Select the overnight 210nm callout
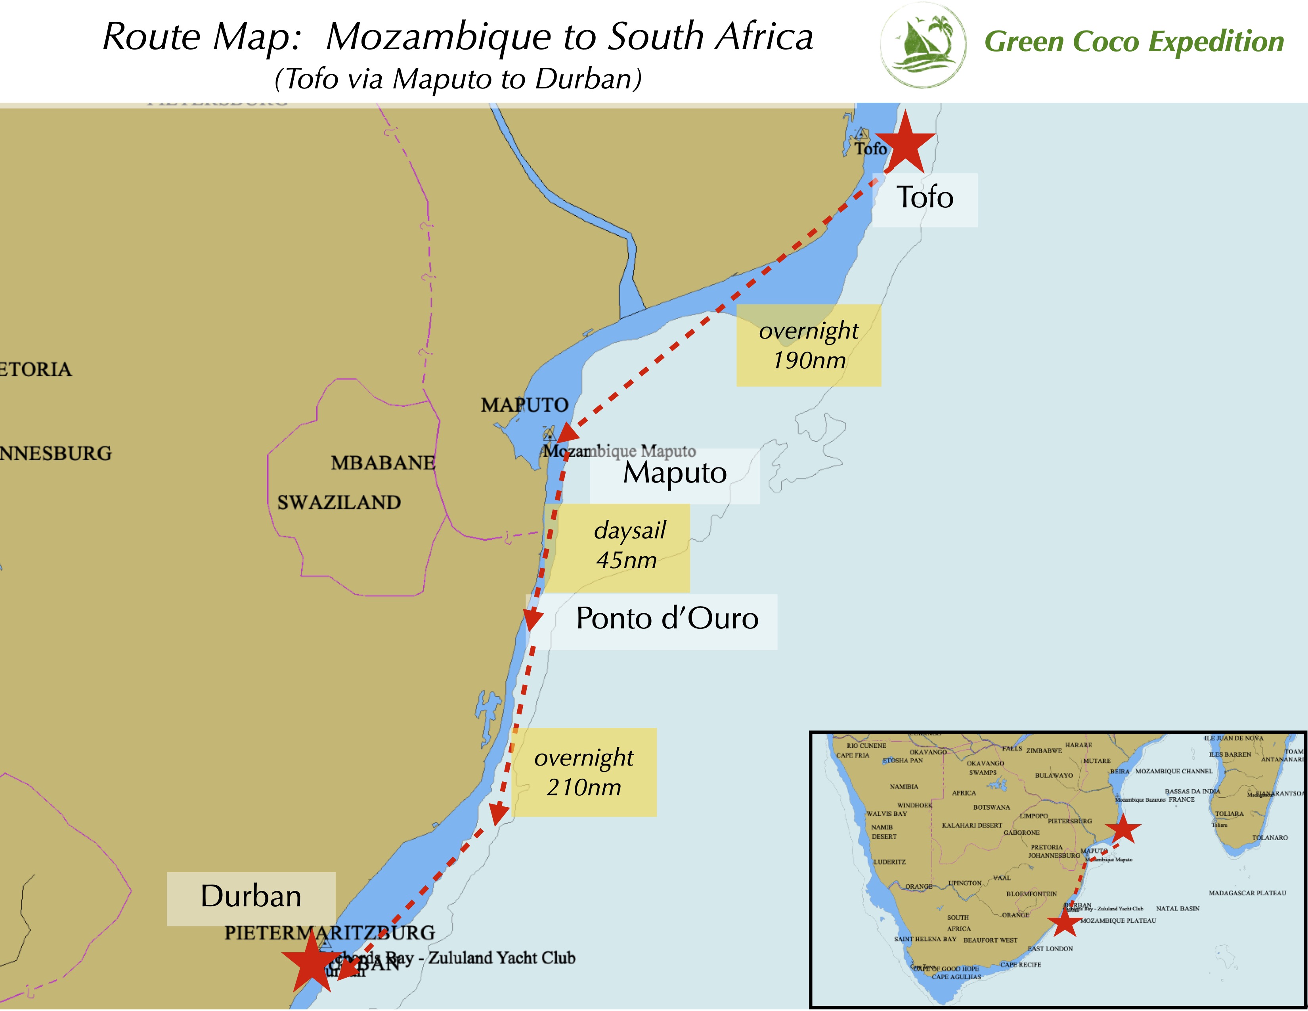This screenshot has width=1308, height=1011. click(584, 773)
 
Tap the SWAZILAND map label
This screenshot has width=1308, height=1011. click(339, 502)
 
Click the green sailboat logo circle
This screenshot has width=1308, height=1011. click(923, 45)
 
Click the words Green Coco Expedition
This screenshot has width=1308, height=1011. click(1134, 42)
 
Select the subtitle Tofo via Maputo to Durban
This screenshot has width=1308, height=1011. click(458, 79)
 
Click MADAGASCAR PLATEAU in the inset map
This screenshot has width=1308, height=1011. click(1247, 893)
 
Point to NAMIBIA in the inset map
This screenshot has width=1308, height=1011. click(904, 787)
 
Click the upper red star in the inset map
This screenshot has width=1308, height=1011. click(1123, 829)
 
